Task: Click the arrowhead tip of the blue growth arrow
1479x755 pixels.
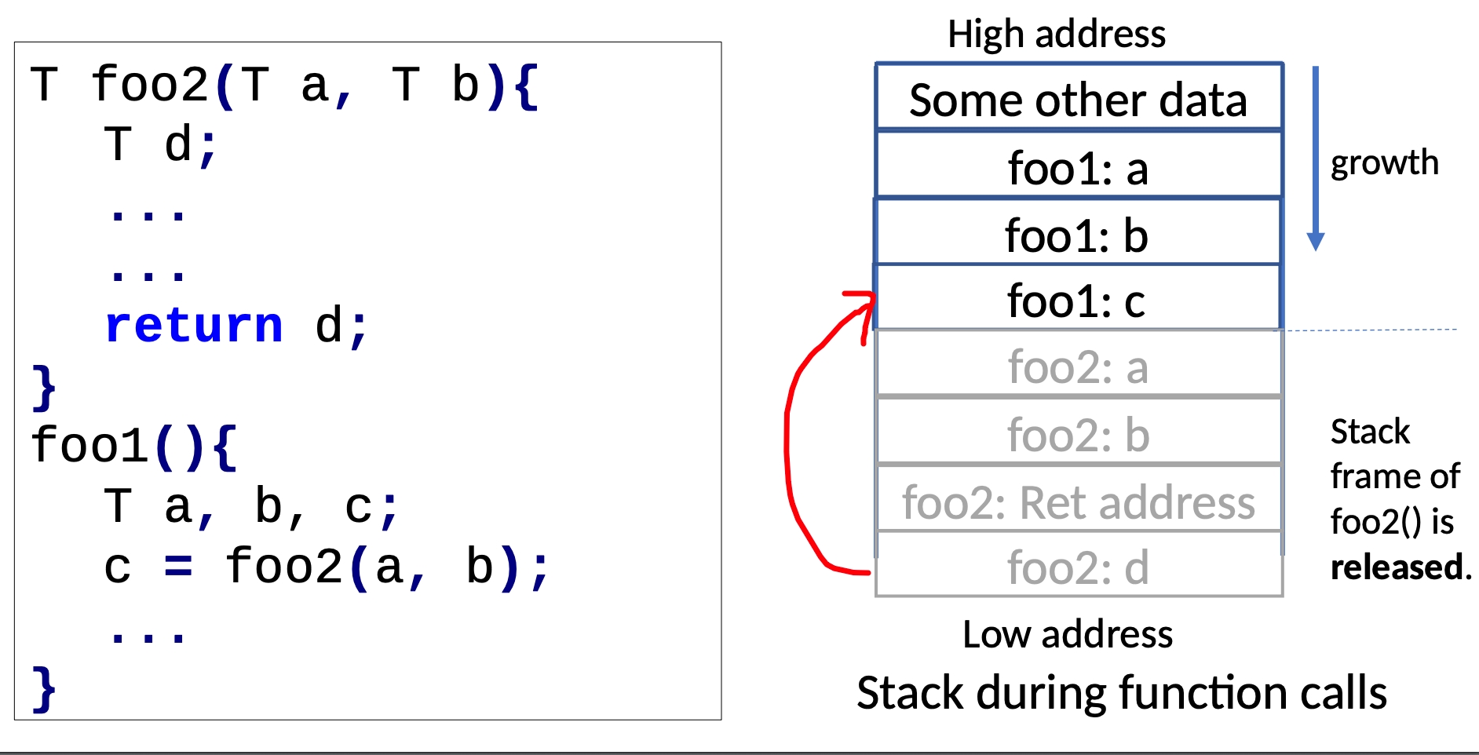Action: tap(1316, 251)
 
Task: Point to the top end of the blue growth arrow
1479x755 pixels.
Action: tap(1316, 67)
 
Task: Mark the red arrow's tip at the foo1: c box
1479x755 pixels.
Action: tap(874, 297)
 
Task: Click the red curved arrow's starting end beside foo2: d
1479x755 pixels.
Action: tap(870, 574)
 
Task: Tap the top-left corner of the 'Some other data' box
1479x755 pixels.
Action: tap(876, 64)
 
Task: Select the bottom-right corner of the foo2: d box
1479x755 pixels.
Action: tap(1283, 596)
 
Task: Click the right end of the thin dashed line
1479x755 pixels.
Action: tap(1457, 330)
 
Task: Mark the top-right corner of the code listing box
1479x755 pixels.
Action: tap(721, 42)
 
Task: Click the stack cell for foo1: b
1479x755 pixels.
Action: tap(1078, 232)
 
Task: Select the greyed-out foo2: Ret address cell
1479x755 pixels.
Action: tap(1079, 499)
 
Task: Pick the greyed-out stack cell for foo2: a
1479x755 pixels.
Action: tap(1079, 364)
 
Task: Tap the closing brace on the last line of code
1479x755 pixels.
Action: tap(44, 689)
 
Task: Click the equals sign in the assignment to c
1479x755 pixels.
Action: tap(178, 567)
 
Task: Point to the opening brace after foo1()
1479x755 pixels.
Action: tap(225, 447)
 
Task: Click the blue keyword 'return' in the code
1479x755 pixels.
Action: tap(194, 325)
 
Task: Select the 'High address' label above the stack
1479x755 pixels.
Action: tap(1057, 34)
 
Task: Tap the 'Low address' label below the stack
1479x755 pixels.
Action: tap(1068, 633)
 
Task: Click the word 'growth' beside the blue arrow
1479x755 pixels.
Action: tap(1385, 162)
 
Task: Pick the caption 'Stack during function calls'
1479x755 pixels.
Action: tap(1122, 693)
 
